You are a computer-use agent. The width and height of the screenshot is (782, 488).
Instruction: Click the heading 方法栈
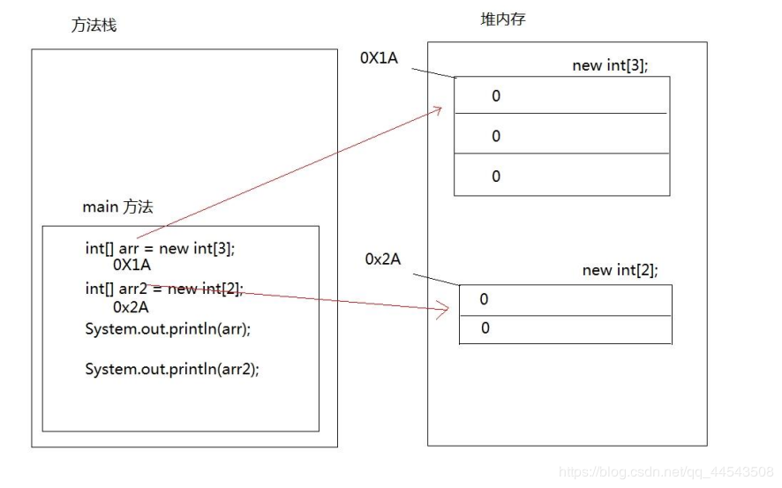94,25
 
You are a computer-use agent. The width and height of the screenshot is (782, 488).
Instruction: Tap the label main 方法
117,206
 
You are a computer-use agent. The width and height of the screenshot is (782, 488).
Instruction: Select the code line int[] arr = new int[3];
160,248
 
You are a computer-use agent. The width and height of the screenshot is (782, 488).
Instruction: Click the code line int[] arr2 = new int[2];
163,288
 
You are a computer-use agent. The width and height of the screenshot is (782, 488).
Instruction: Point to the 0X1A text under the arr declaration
132,264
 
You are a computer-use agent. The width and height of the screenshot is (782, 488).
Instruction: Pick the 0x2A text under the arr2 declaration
131,307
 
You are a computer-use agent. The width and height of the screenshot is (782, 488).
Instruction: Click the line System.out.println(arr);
168,328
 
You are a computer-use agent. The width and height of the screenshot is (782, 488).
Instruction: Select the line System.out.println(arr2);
172,369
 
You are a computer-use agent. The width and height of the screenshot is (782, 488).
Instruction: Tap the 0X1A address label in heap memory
379,57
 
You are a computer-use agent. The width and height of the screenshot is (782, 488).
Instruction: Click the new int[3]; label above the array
610,65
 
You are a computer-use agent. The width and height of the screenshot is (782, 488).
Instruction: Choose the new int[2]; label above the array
620,270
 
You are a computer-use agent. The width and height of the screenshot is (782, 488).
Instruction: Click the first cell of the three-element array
561,95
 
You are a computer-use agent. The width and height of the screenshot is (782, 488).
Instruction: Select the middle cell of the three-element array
561,134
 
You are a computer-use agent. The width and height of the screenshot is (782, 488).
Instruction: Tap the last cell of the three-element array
561,175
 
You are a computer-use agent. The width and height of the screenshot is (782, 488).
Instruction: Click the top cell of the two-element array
565,300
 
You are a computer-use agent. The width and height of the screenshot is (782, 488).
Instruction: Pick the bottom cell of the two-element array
565,329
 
